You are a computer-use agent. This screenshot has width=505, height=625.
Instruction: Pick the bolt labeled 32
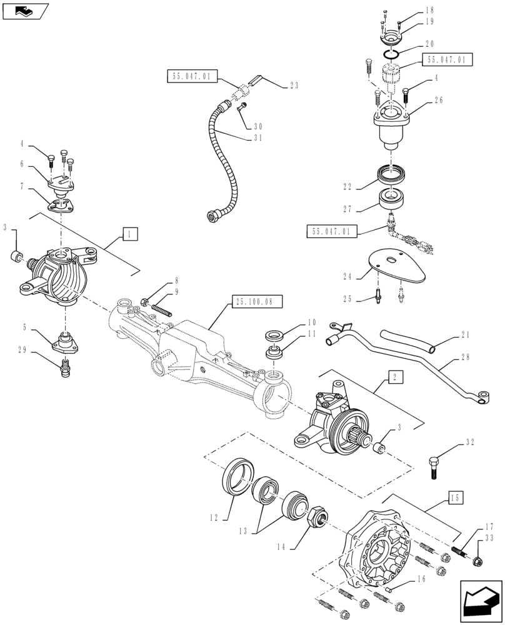tap(435, 466)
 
